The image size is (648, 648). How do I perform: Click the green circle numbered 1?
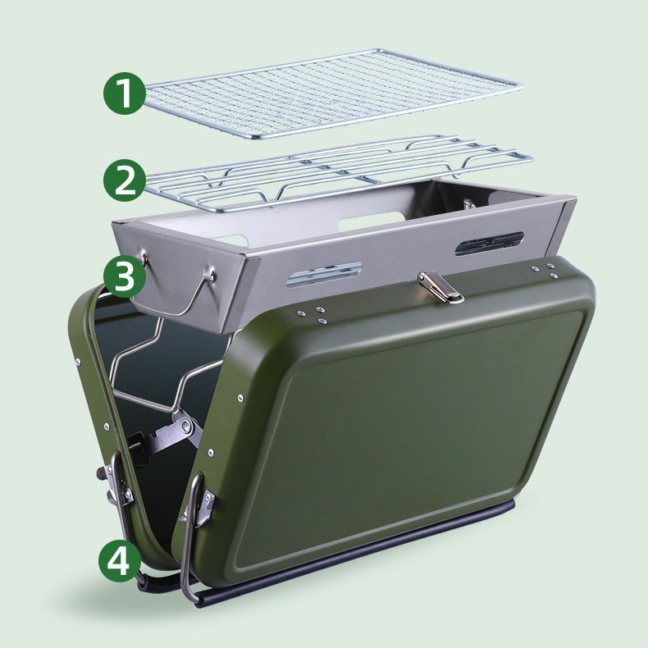[125, 93]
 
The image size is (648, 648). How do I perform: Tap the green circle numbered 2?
[125, 180]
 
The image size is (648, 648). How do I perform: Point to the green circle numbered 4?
[120, 560]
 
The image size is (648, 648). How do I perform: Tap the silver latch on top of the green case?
[440, 287]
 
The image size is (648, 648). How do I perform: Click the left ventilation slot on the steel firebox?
[323, 274]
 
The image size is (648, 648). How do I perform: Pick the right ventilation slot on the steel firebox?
[490, 243]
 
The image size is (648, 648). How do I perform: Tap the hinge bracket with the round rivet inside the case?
[182, 426]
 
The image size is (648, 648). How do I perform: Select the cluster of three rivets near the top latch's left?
[313, 314]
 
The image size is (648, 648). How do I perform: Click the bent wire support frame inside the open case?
[166, 363]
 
